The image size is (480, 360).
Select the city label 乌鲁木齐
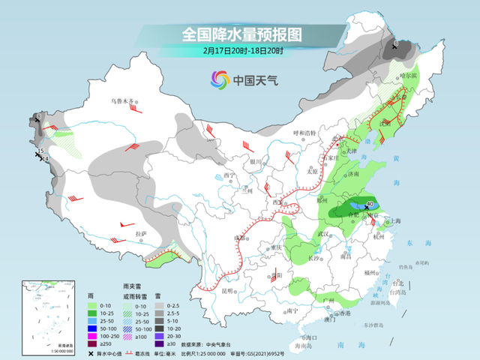click(121, 100)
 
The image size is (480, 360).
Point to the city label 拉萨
click(141, 234)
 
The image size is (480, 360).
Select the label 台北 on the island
click(397, 283)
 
